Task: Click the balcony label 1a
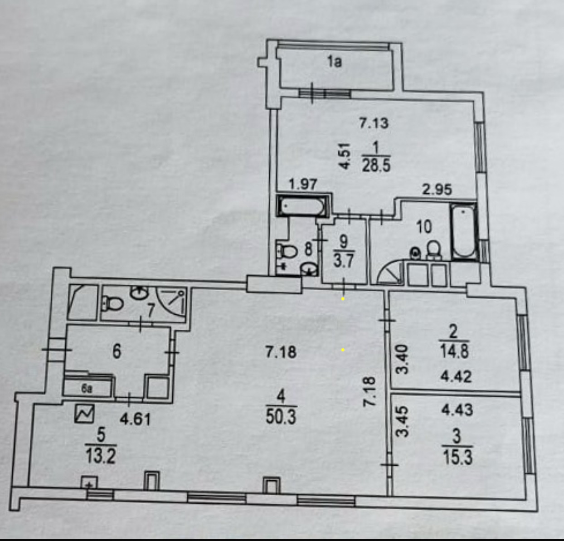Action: pos(335,61)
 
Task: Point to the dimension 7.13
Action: pos(374,123)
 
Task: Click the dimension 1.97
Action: pos(303,184)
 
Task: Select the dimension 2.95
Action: pos(437,189)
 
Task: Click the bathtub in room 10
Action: pos(463,231)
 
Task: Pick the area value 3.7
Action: pos(343,261)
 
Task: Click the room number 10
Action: pos(424,226)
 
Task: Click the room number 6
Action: pos(117,351)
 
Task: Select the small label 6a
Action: pos(87,389)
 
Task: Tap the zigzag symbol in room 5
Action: pos(84,414)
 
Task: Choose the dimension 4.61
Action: pos(135,418)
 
